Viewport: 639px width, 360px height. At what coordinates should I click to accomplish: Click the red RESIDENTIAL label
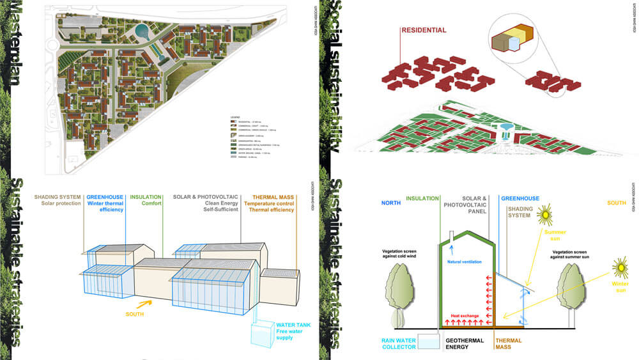click(424, 30)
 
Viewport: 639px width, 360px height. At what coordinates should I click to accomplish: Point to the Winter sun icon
click(620, 265)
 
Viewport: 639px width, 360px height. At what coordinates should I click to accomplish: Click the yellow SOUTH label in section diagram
click(615, 203)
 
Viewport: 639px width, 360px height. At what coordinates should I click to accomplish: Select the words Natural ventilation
click(464, 262)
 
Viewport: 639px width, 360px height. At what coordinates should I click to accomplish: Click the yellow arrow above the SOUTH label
click(145, 304)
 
